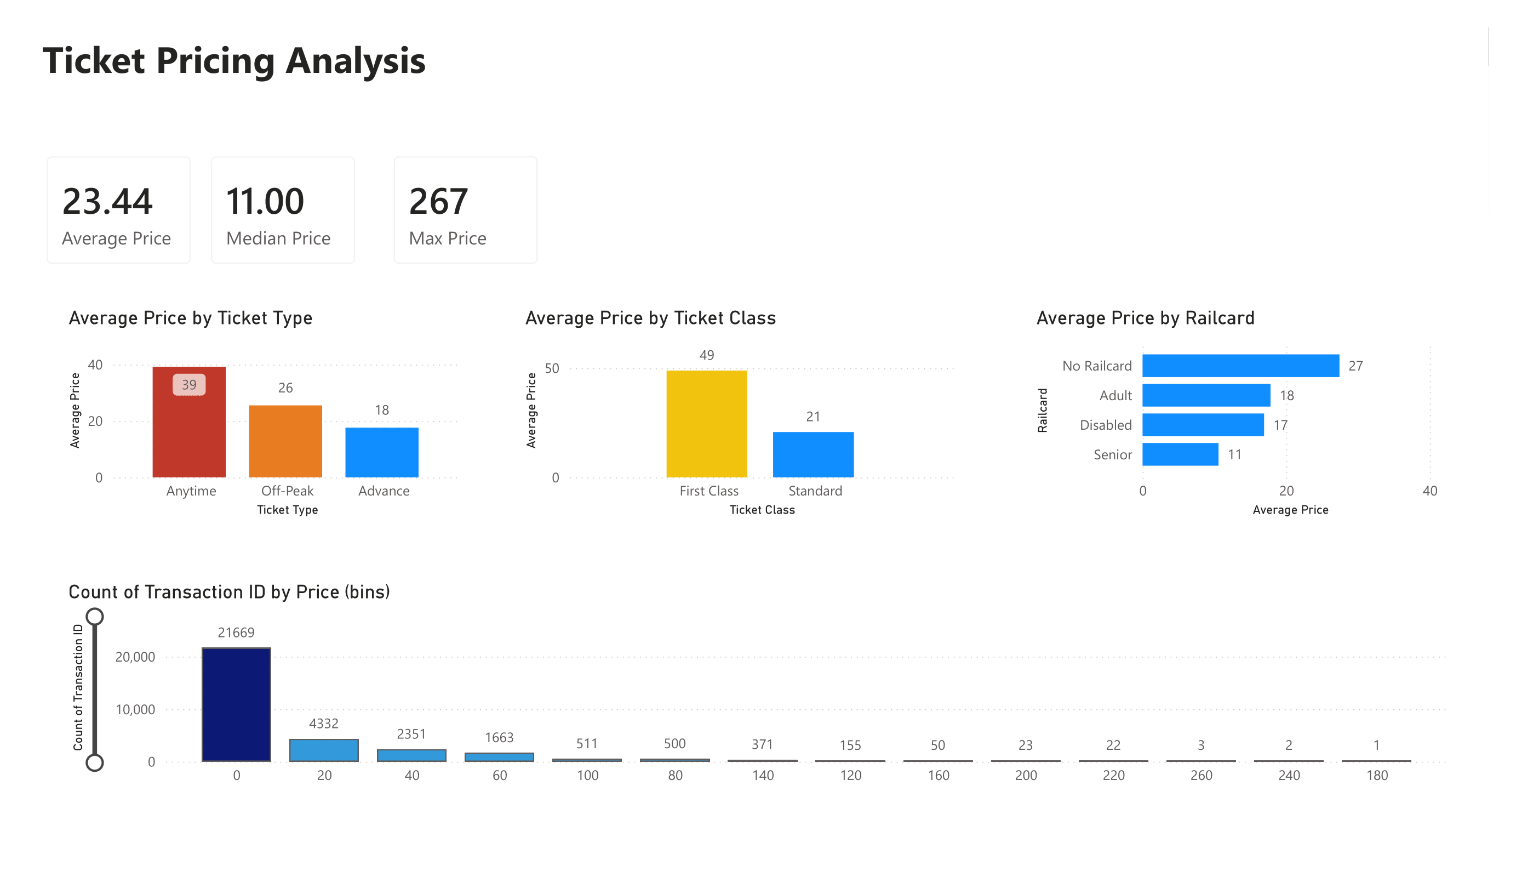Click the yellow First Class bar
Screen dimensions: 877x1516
tap(706, 424)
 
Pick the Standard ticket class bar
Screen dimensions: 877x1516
tap(813, 454)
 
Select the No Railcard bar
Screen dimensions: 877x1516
tap(1240, 366)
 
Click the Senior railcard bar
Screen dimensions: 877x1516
tap(1180, 454)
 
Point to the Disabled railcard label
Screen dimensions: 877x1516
tap(1105, 425)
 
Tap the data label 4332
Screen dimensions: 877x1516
tap(324, 724)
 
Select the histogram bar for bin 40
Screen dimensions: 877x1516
tap(411, 755)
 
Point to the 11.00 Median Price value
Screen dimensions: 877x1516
tap(265, 201)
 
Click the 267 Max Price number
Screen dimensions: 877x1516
tap(438, 201)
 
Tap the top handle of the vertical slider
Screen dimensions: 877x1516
tap(94, 617)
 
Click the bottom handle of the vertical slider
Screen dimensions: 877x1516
tap(94, 762)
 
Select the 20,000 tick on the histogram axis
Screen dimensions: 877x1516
tap(135, 657)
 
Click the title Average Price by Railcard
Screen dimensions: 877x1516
tap(1145, 318)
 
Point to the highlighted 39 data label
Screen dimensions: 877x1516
tap(189, 385)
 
